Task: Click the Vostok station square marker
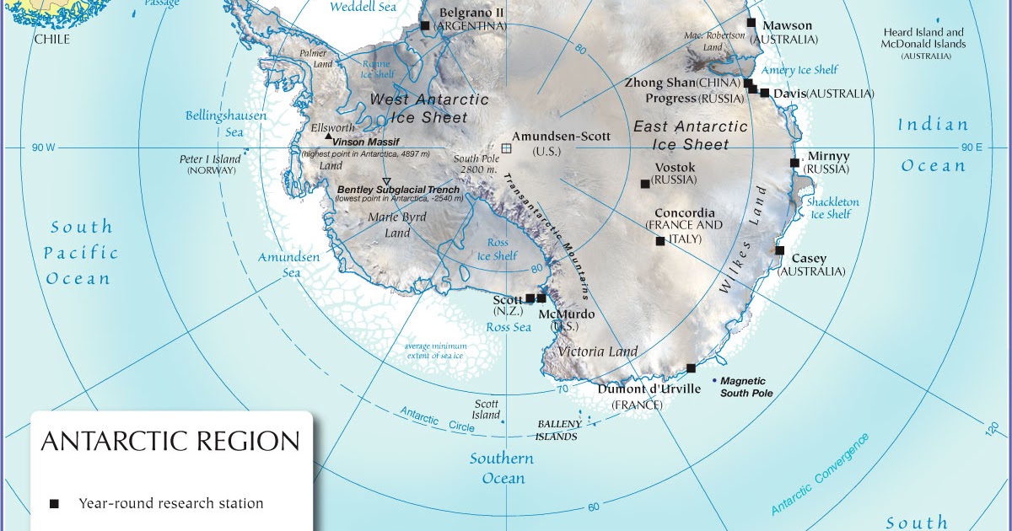[645, 184]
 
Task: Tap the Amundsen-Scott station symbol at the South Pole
[506, 148]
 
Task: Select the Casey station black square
[780, 250]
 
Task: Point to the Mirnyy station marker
[794, 163]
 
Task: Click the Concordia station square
[659, 242]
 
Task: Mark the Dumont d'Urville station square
[691, 368]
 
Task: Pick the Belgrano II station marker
[425, 26]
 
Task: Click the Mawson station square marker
[751, 23]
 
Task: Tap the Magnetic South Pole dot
[714, 381]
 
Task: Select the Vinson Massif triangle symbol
[328, 135]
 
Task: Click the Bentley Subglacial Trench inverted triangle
[386, 182]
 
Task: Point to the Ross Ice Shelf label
[497, 249]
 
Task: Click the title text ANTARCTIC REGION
[170, 442]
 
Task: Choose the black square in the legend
[55, 504]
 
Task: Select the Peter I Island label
[210, 159]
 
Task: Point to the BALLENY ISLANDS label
[557, 430]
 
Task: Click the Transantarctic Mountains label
[548, 236]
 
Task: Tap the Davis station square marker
[765, 93]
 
